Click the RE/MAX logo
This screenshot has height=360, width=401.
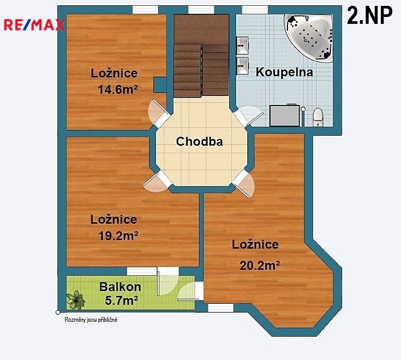pos(34,25)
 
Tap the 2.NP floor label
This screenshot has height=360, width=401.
pos(370,15)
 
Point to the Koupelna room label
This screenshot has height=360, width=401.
pos(284,72)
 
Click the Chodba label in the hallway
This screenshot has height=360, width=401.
pos(199,142)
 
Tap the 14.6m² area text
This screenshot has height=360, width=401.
pos(118,90)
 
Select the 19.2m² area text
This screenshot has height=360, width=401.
pos(118,236)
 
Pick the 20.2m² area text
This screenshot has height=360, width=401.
pos(259,266)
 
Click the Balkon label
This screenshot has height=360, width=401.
pos(120,287)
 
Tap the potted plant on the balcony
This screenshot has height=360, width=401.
pos(76,300)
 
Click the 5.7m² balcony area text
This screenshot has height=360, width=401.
pos(121,301)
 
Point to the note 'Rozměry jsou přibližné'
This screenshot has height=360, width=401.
pos(91,320)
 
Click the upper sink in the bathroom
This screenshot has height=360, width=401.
pos(242,46)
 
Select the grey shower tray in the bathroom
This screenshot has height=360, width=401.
pos(285,115)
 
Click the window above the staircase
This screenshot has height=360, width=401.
pos(201,10)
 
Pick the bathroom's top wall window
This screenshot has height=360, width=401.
pos(255,10)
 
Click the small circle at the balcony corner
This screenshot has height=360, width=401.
pos(58,312)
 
